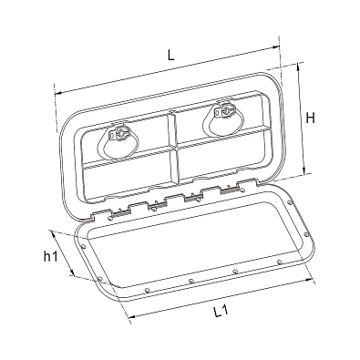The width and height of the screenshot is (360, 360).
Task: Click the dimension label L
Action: (x=171, y=55)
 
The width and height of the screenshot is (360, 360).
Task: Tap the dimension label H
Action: (x=310, y=118)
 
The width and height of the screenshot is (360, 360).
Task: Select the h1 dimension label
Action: (x=50, y=257)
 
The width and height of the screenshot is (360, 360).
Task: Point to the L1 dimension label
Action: (x=221, y=312)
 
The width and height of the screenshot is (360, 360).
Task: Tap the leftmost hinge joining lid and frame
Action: (x=119, y=213)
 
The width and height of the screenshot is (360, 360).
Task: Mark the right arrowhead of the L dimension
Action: (x=276, y=46)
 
